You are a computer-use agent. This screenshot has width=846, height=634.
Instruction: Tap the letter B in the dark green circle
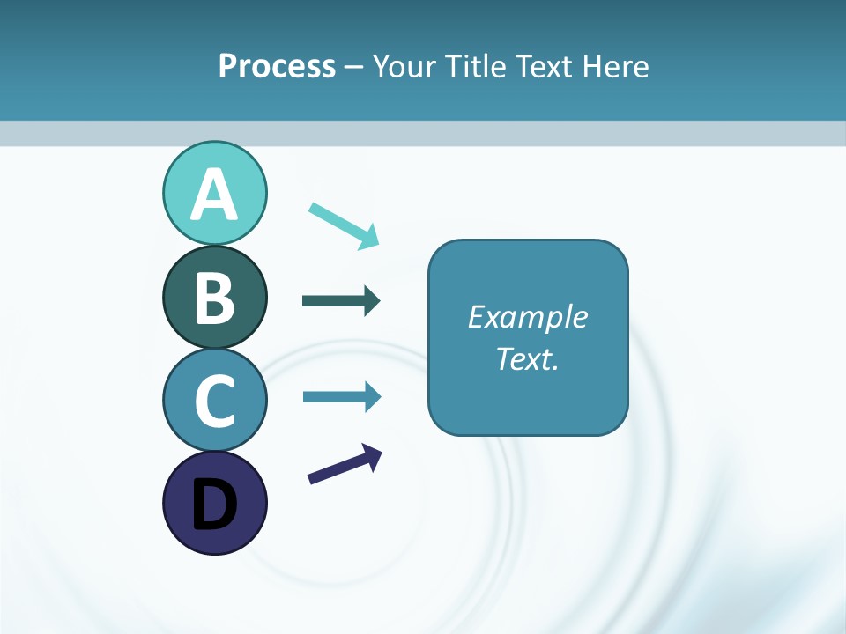(x=214, y=298)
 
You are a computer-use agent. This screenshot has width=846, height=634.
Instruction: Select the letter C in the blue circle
(x=214, y=400)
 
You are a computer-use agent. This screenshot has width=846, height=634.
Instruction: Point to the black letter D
(x=214, y=504)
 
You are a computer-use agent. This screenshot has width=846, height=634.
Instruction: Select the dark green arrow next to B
(x=339, y=301)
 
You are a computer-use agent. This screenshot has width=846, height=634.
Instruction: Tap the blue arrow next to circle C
(x=339, y=396)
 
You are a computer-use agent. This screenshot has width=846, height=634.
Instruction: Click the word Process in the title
(x=277, y=66)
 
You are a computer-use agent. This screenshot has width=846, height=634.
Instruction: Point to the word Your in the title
(x=404, y=66)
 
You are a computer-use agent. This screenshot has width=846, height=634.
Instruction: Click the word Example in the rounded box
(x=527, y=317)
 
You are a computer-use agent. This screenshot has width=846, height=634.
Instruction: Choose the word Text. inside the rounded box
(x=527, y=358)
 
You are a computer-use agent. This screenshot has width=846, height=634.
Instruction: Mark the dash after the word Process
(x=354, y=67)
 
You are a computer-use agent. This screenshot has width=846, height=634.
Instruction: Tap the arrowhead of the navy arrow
(x=373, y=455)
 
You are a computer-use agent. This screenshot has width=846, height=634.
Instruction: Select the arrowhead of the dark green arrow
(x=371, y=301)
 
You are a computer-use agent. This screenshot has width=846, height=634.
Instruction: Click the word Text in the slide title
(x=542, y=66)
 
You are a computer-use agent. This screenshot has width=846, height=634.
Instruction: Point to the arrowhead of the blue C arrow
(x=371, y=396)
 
